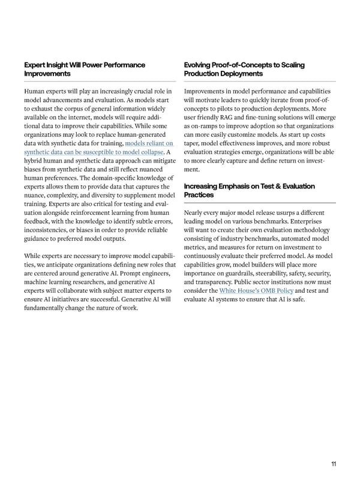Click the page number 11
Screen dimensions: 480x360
334,464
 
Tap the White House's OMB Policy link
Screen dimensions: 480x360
256,290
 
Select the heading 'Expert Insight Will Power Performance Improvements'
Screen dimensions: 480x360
84,69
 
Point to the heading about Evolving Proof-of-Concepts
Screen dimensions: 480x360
244,69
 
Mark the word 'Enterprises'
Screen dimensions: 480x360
308,221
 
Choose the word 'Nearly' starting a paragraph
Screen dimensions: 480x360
196,213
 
